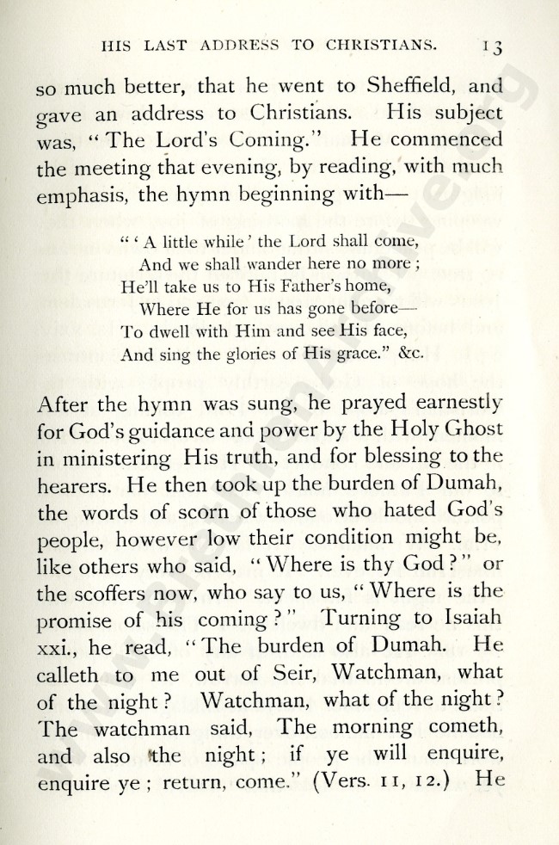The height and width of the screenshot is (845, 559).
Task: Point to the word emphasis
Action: (x=83, y=196)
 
